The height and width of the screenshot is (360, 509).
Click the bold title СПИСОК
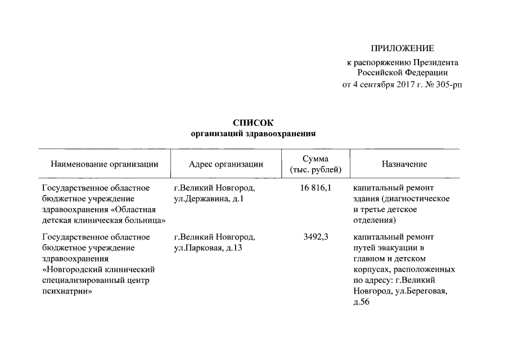253,123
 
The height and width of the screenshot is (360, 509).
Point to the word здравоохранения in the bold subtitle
283,134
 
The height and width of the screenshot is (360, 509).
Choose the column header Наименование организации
104,164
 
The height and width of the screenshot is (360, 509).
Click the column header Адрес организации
226,164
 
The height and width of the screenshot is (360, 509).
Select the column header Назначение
404,164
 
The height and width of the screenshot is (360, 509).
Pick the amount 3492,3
316,237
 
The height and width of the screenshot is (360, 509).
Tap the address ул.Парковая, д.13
208,247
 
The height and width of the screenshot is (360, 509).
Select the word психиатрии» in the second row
67,292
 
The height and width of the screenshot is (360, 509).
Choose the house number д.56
362,303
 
